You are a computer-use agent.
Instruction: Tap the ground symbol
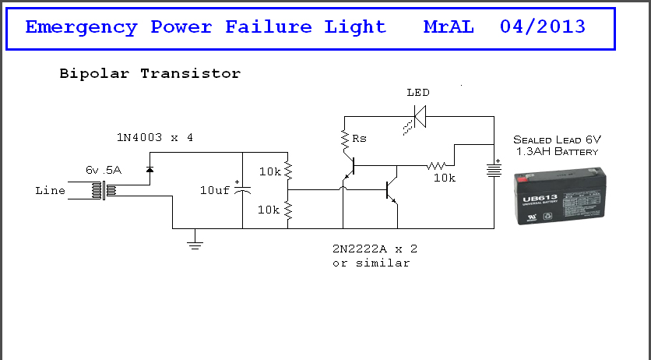tap(195, 244)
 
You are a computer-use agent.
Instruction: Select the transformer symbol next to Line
tap(104, 191)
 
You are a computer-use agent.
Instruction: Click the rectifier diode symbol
tap(150, 169)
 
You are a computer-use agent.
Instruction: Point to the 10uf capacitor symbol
tap(242, 190)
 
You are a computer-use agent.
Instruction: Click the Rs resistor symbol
tap(345, 140)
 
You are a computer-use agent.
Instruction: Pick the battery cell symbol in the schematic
tap(494, 169)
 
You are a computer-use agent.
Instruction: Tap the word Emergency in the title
tap(81, 27)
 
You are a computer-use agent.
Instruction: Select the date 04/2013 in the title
tap(543, 26)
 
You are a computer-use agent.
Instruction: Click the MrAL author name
tap(449, 27)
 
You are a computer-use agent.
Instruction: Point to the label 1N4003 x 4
tap(155, 137)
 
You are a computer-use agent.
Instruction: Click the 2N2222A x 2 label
tap(375, 249)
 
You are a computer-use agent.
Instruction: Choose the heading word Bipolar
tap(94, 74)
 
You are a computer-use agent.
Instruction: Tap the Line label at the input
tap(51, 191)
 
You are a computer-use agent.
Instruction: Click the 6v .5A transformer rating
tap(104, 170)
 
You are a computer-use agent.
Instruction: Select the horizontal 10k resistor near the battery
tap(436, 166)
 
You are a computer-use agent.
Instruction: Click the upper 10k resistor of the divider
tap(287, 171)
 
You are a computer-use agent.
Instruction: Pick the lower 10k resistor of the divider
tap(287, 210)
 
